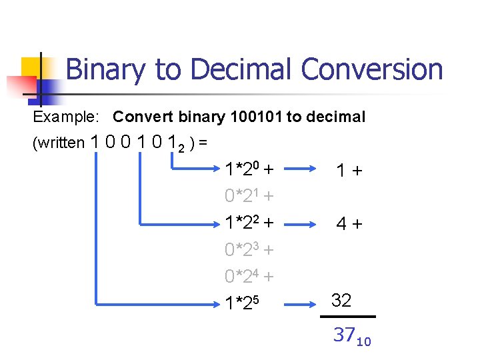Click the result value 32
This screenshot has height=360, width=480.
pos(341,301)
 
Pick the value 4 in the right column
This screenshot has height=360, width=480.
pos(341,224)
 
